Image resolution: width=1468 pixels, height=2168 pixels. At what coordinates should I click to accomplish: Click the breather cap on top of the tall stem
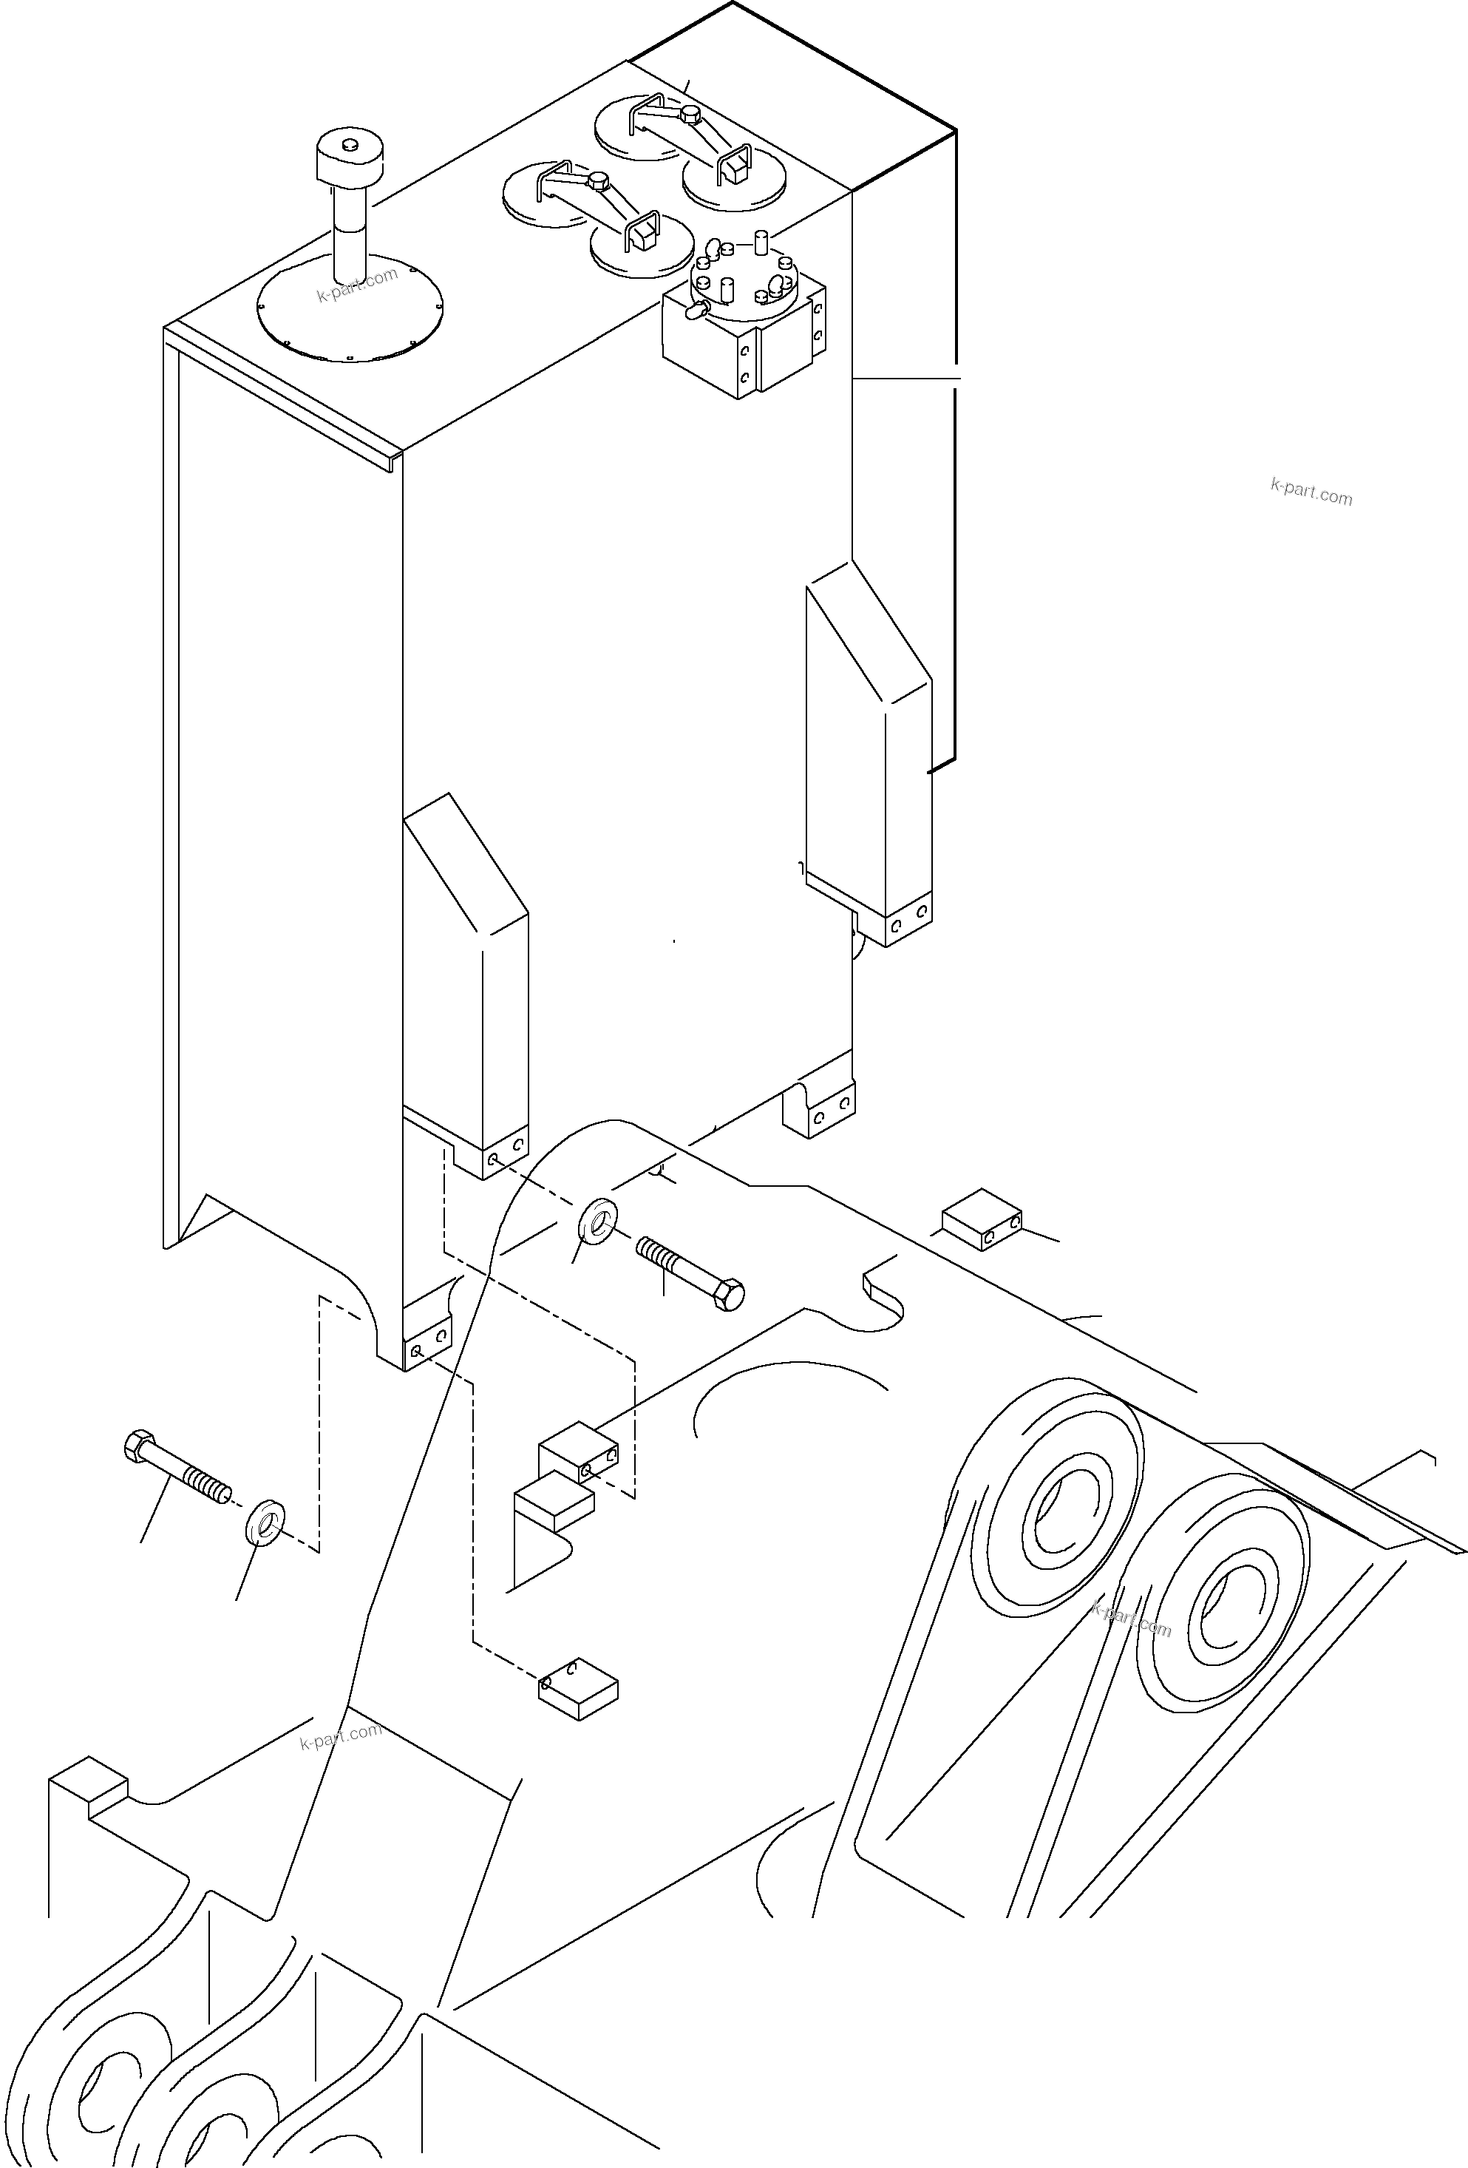coord(350,160)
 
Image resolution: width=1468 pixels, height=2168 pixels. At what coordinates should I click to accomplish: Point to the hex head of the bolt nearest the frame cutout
coord(730,1295)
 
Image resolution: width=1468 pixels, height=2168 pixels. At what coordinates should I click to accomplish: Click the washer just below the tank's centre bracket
coord(598,1217)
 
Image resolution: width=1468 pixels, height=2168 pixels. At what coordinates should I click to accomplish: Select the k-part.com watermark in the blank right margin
coord(1311,492)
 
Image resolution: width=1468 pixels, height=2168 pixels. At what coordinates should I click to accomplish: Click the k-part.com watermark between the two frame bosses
coord(1130,1620)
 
